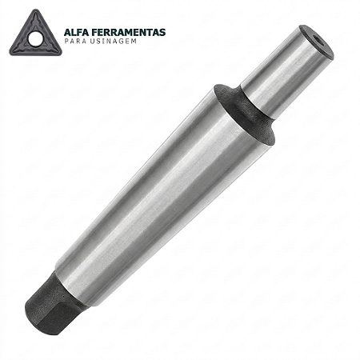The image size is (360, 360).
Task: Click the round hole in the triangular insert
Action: coord(35,39)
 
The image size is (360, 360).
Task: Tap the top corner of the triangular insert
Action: coord(36,10)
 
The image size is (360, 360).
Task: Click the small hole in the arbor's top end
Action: coord(318,41)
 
